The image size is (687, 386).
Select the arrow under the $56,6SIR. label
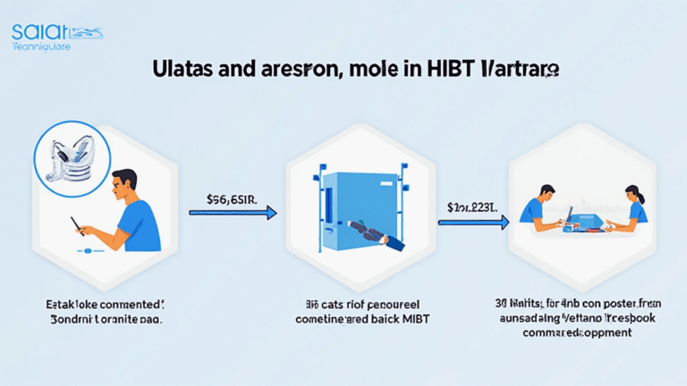tap(233, 213)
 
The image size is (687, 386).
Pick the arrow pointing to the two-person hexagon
tap(479, 220)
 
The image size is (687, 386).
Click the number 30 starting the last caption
tap(501, 303)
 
